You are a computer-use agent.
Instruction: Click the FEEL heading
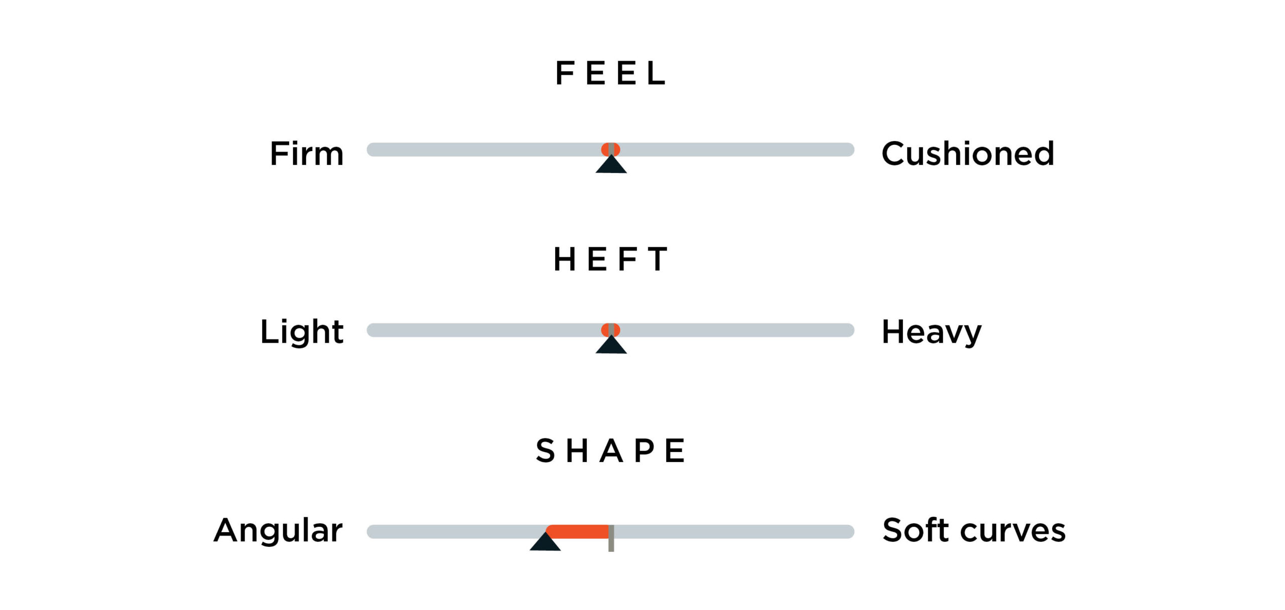pyautogui.click(x=610, y=73)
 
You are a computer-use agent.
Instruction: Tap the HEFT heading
pyautogui.click(x=610, y=259)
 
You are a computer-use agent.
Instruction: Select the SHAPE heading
pyautogui.click(x=610, y=450)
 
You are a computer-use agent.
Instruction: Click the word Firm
pyautogui.click(x=307, y=153)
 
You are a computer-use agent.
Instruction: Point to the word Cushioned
pyautogui.click(x=968, y=153)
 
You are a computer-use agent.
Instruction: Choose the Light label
pyautogui.click(x=302, y=332)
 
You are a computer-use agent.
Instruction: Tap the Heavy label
pyautogui.click(x=932, y=332)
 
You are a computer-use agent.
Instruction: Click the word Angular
pyautogui.click(x=278, y=531)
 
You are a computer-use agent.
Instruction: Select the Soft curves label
pyautogui.click(x=974, y=530)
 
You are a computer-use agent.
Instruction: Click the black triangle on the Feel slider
pyautogui.click(x=611, y=165)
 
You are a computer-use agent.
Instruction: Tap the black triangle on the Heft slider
pyautogui.click(x=611, y=345)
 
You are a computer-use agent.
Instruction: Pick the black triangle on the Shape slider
pyautogui.click(x=545, y=542)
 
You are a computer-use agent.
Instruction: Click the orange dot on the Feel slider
pyautogui.click(x=611, y=149)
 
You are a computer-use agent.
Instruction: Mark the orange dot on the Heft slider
pyautogui.click(x=611, y=329)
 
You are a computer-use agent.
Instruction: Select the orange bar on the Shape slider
pyautogui.click(x=577, y=532)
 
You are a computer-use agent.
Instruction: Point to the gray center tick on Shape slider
pyautogui.click(x=611, y=538)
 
